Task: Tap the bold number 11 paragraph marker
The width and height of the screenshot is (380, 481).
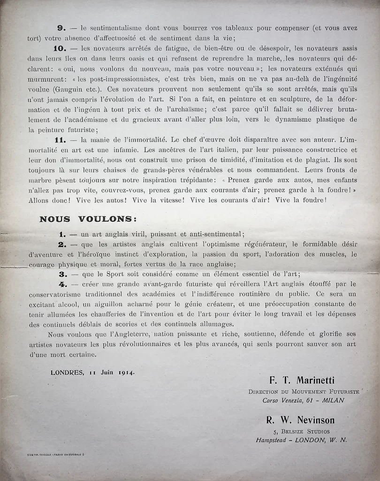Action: (x=62, y=140)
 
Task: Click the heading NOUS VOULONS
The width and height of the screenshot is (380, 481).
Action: (x=88, y=218)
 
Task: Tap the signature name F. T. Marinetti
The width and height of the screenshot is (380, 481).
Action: (x=303, y=380)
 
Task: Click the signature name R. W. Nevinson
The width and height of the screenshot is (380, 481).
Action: (x=301, y=420)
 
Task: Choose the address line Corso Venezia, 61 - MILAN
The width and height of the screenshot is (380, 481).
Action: (x=304, y=401)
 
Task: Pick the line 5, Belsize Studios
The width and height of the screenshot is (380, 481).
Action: (x=301, y=431)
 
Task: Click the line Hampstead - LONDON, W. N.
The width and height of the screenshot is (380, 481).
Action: (x=302, y=440)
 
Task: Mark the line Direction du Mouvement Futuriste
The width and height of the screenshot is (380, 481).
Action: (x=304, y=391)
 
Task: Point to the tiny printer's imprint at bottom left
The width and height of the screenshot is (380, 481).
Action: (x=56, y=455)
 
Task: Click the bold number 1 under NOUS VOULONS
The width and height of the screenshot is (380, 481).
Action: (x=61, y=233)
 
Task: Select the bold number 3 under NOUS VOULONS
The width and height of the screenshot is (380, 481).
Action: (x=61, y=274)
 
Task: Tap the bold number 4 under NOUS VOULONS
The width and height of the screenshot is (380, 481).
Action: (x=62, y=284)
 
